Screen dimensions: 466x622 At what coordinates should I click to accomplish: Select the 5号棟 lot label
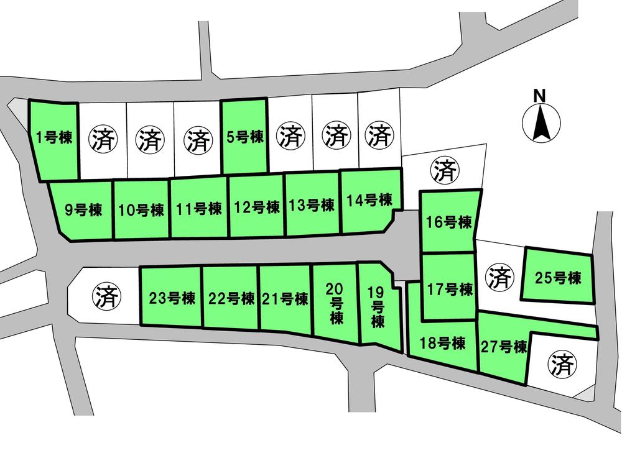(245, 137)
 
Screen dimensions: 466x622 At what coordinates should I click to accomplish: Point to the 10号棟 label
(141, 209)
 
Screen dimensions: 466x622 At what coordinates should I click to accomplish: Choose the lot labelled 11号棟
(198, 208)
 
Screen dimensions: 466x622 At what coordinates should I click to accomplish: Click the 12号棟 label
(256, 207)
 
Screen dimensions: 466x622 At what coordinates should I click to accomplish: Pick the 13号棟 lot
(312, 205)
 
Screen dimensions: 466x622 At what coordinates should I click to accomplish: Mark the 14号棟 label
(369, 200)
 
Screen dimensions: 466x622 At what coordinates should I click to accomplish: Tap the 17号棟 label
(450, 289)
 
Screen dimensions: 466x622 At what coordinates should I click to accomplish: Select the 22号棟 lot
(231, 298)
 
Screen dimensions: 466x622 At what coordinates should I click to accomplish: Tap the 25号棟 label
(558, 278)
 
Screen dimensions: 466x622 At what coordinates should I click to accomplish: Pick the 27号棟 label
(504, 347)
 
